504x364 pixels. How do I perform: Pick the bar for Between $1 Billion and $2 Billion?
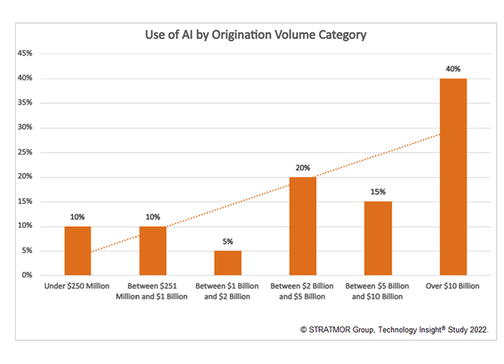228,262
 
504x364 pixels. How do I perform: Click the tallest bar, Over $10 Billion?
453,177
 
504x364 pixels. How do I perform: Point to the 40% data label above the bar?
453,69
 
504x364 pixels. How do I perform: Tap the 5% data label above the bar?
228,241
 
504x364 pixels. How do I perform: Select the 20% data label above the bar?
303,168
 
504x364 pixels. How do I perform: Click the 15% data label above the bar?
378,192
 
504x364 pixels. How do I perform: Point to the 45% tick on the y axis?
26,53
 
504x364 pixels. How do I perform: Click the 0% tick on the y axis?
28,275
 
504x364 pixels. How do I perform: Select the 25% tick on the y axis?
26,152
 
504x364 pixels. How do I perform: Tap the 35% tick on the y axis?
26,103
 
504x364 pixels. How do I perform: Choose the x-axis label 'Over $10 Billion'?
453,286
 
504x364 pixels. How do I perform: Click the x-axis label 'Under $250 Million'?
78,286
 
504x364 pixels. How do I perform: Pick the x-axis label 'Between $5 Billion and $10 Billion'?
378,291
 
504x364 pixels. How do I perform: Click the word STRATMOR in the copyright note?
331,329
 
